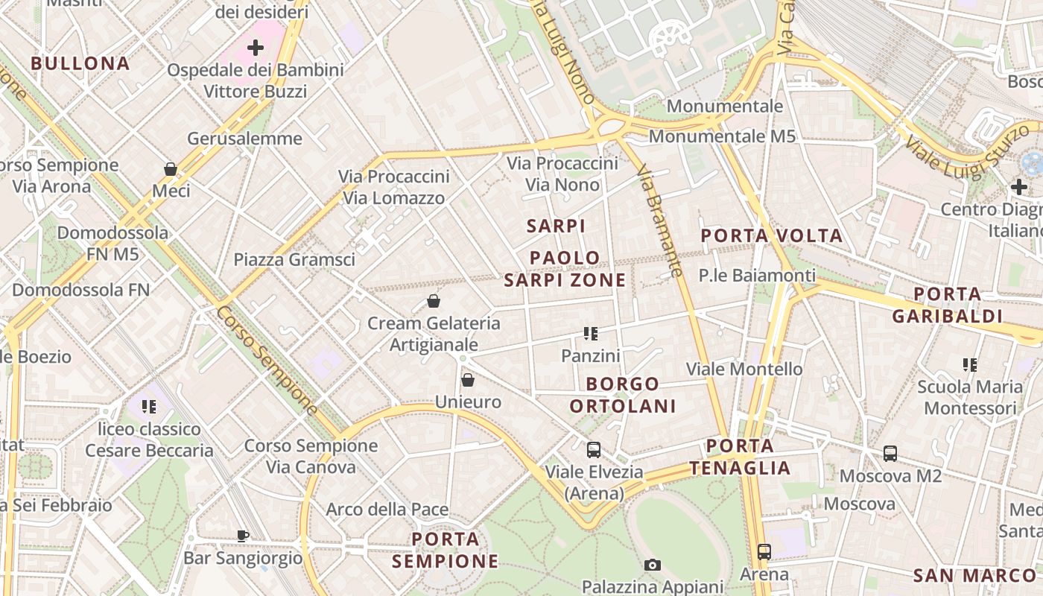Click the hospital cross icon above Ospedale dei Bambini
[x=256, y=48]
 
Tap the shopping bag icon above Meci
[x=171, y=169]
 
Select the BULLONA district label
[x=80, y=63]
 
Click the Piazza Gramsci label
[x=294, y=260]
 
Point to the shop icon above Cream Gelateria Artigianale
[x=434, y=301]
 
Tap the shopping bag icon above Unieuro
[x=468, y=380]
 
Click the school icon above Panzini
[x=591, y=334]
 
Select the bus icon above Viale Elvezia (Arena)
[x=594, y=450]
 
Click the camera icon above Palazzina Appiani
[x=653, y=565]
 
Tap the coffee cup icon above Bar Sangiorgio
[x=243, y=535]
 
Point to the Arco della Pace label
[x=387, y=510]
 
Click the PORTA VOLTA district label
[x=772, y=236]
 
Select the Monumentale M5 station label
[x=722, y=136]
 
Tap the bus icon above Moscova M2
[x=890, y=453]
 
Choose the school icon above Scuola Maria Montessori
[x=969, y=364]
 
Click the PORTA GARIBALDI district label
[x=947, y=305]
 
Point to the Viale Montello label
[x=744, y=369]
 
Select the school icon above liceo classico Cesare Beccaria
[x=149, y=407]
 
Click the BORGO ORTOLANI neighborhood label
[x=623, y=395]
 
